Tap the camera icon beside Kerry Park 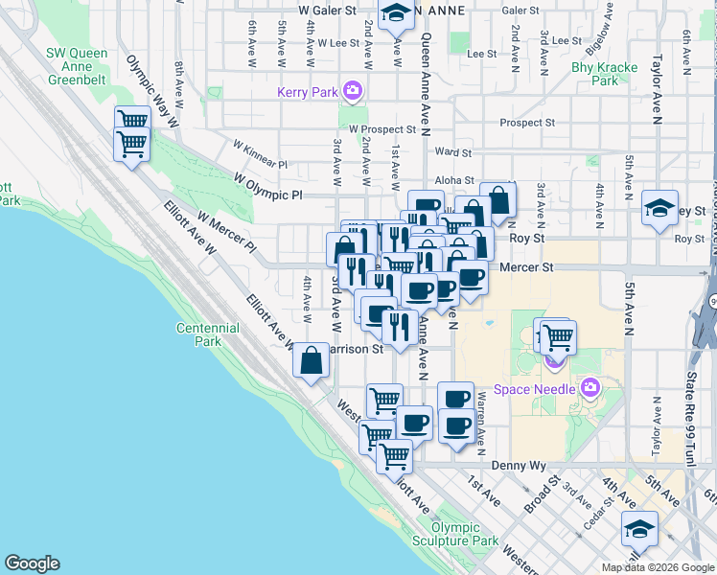point(353,92)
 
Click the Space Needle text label point(534,388)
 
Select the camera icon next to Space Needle point(589,388)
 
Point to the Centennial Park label point(208,334)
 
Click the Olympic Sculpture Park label point(465,534)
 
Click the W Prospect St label point(382,128)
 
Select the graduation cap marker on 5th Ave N point(659,208)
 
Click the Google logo point(32,563)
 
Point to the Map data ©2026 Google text point(657,567)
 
